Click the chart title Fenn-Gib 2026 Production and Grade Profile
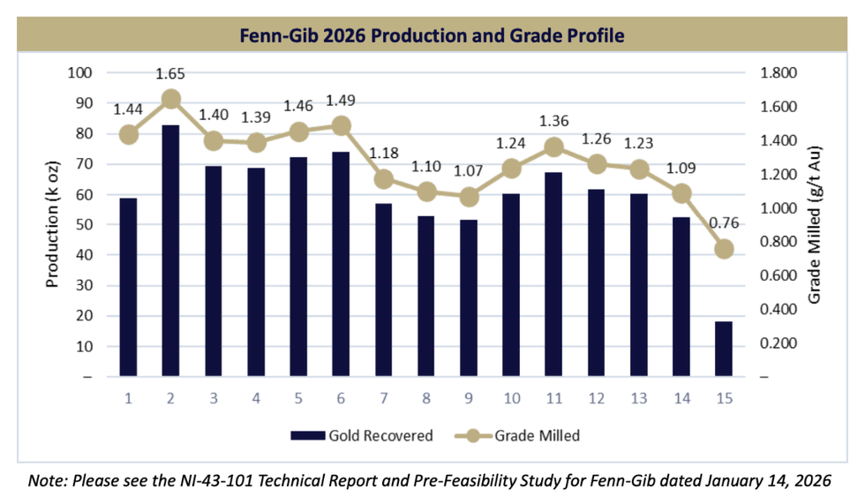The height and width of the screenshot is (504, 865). pyautogui.click(x=432, y=36)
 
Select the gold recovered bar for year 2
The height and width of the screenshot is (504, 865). pyautogui.click(x=170, y=251)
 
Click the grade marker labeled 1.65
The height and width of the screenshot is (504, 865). pyautogui.click(x=171, y=99)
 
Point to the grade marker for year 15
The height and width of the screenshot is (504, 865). pyautogui.click(x=724, y=249)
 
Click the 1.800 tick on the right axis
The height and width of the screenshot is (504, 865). pyautogui.click(x=778, y=73)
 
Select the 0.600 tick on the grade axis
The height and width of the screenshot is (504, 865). pyautogui.click(x=778, y=275)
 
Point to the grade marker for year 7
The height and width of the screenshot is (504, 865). pyautogui.click(x=383, y=178)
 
